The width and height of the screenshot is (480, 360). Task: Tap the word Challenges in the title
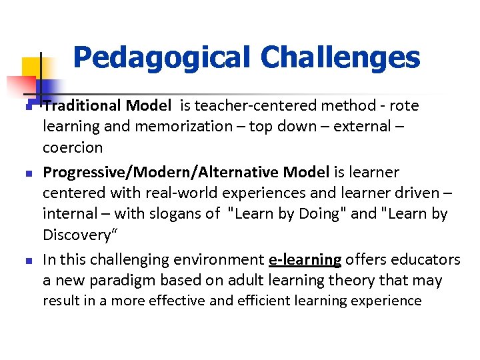[341, 58]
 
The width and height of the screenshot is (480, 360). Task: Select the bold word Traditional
[81, 105]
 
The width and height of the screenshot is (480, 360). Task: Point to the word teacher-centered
[263, 105]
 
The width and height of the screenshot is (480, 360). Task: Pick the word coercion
[73, 147]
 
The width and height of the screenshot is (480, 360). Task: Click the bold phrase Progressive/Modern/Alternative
[161, 172]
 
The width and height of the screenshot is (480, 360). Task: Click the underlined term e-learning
[305, 259]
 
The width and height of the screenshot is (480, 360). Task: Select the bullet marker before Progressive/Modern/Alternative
[27, 173]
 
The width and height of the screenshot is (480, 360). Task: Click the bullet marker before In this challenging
[27, 260]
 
